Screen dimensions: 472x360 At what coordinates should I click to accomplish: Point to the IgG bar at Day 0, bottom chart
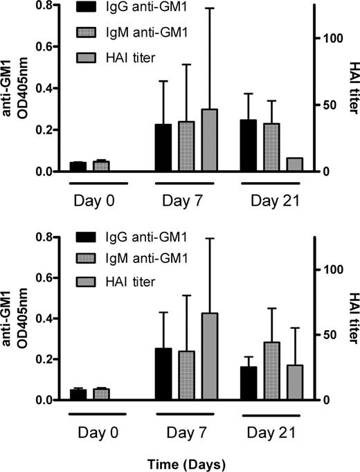point(79,394)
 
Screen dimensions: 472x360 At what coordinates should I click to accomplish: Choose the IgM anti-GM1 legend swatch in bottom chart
point(87,258)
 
